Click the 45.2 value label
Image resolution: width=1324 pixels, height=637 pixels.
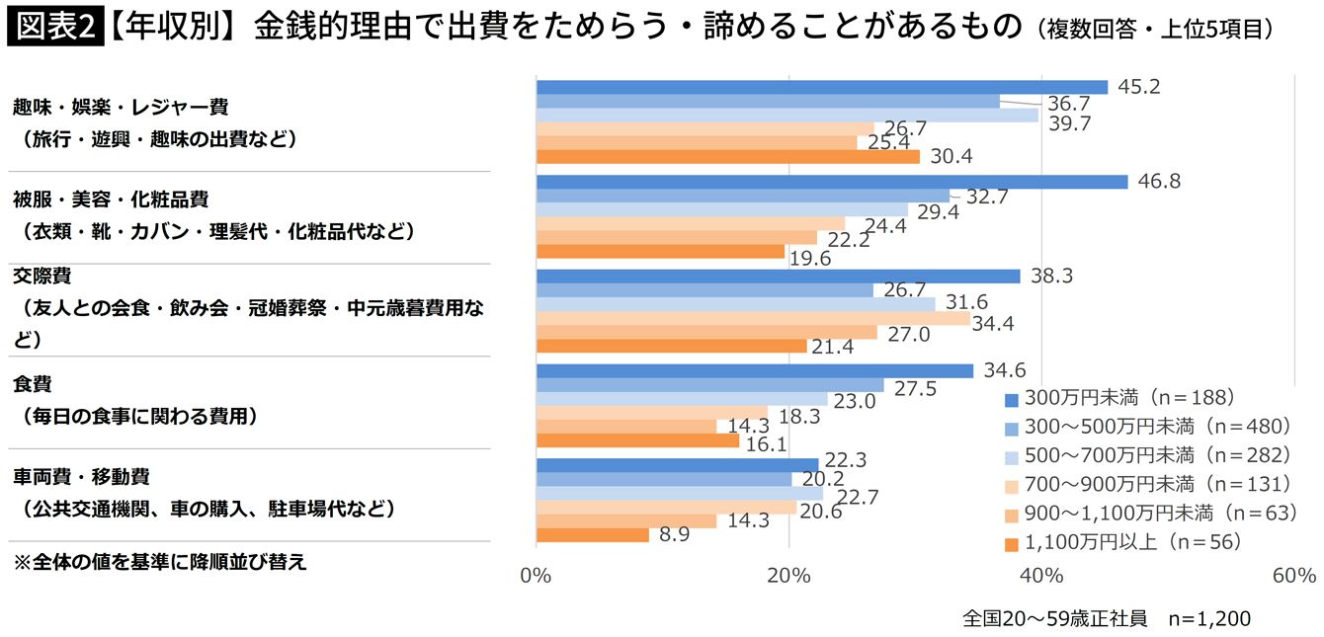(1138, 87)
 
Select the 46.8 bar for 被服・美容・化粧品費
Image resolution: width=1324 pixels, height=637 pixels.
(831, 182)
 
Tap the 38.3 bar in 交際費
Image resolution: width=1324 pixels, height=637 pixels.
(778, 277)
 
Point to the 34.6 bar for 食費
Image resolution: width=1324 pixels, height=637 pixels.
(754, 371)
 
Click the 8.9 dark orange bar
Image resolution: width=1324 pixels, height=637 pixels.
(592, 534)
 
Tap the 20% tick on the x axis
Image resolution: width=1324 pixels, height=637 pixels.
(788, 576)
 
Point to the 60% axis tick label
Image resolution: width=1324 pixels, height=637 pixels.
(1293, 576)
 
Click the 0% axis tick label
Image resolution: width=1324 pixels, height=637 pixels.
(536, 576)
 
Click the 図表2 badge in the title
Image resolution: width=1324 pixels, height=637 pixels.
(53, 26)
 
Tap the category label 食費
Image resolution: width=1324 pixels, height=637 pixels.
(33, 383)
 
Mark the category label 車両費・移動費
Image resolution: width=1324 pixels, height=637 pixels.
(81, 477)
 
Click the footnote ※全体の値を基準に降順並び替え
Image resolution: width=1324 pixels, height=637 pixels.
(159, 563)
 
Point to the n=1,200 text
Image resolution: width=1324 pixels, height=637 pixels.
(1209, 619)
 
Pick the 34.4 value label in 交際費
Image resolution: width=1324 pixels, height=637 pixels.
(994, 323)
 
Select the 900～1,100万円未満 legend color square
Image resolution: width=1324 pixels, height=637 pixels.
(1010, 513)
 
